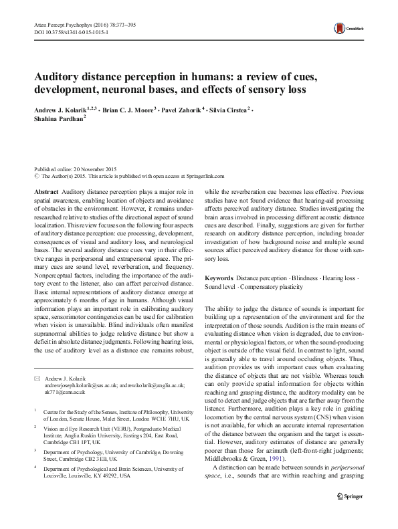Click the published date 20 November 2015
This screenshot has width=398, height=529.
pos(98,171)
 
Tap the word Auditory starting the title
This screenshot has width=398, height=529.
pos(55,77)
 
